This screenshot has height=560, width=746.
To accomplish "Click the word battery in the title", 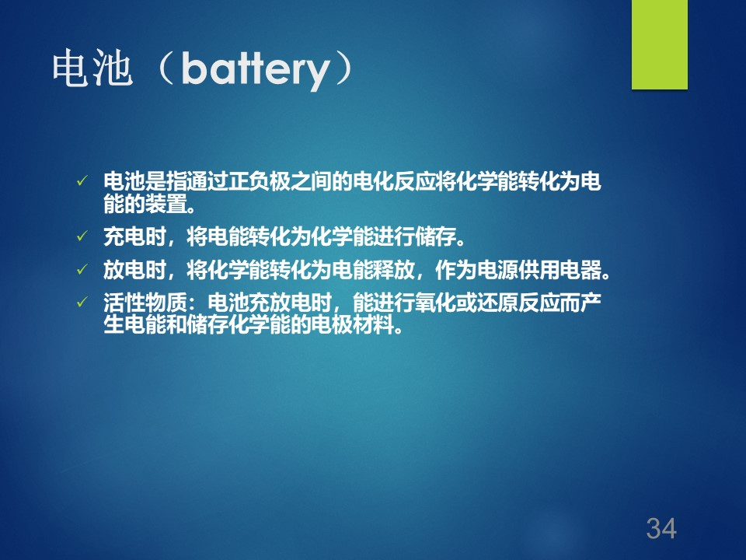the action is [256, 70].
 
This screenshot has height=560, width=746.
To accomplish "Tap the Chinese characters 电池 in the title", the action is [92, 68].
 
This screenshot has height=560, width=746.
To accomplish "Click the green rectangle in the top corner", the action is [660, 44].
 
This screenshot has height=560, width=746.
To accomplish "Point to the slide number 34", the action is [661, 528].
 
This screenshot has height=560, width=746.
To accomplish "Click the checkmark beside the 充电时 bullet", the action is [82, 236].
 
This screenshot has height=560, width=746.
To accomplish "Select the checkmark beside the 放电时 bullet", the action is [82, 270].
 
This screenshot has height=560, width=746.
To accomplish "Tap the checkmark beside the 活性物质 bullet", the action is [82, 302].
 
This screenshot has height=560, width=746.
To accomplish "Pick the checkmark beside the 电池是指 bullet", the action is [82, 180].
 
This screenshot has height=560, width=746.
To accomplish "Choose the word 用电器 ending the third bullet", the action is [570, 270].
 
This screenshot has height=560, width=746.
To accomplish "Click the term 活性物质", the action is [145, 303].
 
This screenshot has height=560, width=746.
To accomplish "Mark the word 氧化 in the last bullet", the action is [436, 303].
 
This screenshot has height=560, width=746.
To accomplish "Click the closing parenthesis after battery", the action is [343, 69].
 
